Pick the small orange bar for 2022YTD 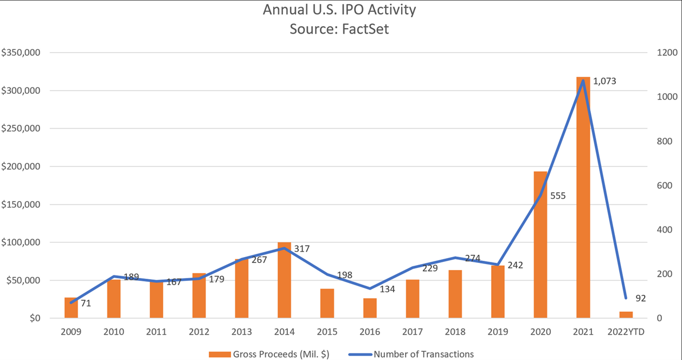coord(626,315)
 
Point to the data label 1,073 coord(604,81)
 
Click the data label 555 coord(558,196)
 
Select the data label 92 coord(640,298)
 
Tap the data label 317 coord(302,249)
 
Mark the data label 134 coord(387,289)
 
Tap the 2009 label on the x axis coord(71,332)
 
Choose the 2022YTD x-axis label coord(626,332)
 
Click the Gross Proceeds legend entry coord(269,354)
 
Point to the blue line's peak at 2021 coord(583,81)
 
